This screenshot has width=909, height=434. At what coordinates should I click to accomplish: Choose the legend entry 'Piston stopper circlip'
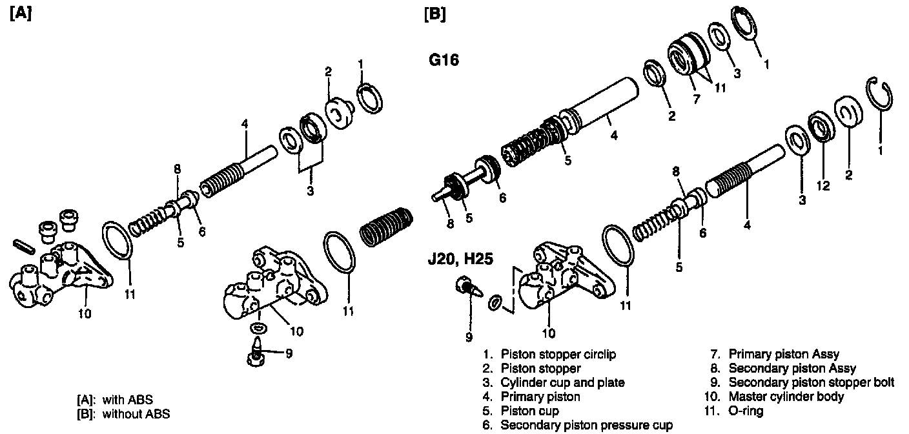pyautogui.click(x=558, y=355)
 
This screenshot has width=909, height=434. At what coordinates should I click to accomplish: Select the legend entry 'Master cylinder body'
pyautogui.click(x=785, y=397)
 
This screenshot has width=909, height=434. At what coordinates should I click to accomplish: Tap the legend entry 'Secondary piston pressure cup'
pyautogui.click(x=586, y=425)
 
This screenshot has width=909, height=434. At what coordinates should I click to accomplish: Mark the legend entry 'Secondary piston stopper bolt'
pyautogui.click(x=811, y=382)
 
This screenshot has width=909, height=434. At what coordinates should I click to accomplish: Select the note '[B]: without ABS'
pyautogui.click(x=123, y=413)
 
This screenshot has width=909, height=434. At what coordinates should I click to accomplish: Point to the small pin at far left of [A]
pyautogui.click(x=24, y=247)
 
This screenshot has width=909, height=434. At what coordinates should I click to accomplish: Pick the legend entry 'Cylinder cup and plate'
pyautogui.click(x=562, y=382)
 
